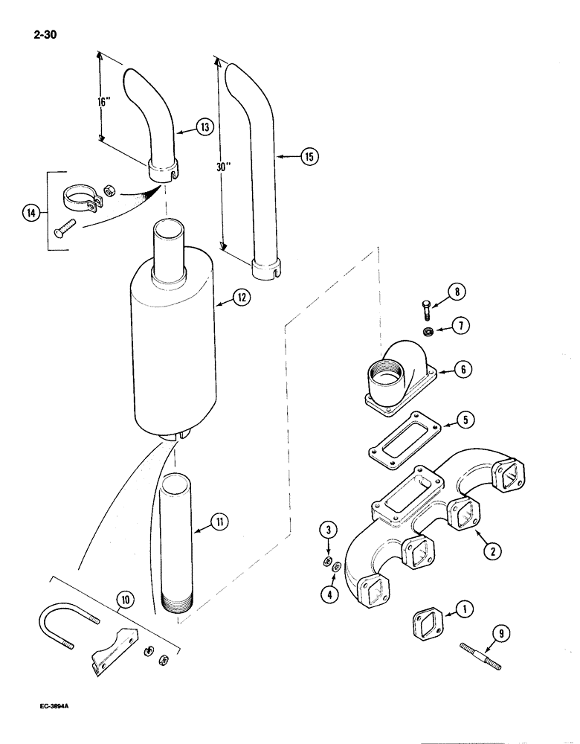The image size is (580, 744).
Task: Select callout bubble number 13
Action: pos(205,127)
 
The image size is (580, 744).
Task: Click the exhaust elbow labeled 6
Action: pos(400,379)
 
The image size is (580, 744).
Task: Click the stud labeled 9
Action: pos(481,644)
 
